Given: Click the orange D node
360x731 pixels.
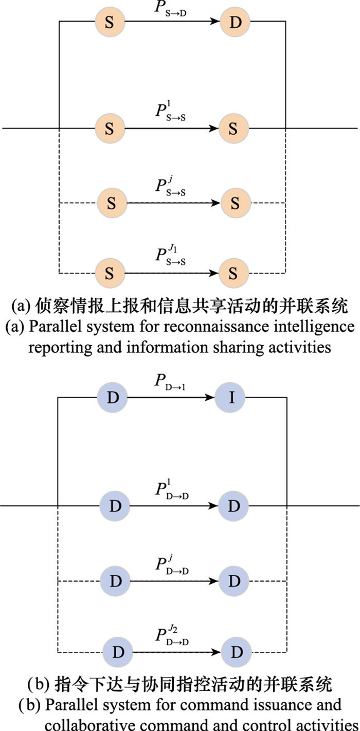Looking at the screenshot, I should (x=235, y=23).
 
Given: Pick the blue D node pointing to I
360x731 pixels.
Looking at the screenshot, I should (x=112, y=398).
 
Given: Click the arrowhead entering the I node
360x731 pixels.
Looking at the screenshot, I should (x=212, y=398).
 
